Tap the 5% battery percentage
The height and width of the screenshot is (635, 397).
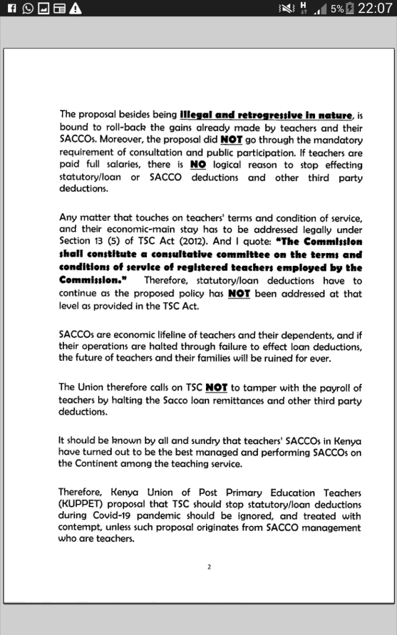[x=337, y=9]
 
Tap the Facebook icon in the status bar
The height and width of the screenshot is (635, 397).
[x=7, y=8]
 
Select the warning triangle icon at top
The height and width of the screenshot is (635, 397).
[x=76, y=8]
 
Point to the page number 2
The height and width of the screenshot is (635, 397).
[x=209, y=566]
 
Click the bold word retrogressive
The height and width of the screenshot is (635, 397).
[x=265, y=115]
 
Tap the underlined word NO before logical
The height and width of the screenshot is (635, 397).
[x=198, y=165]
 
